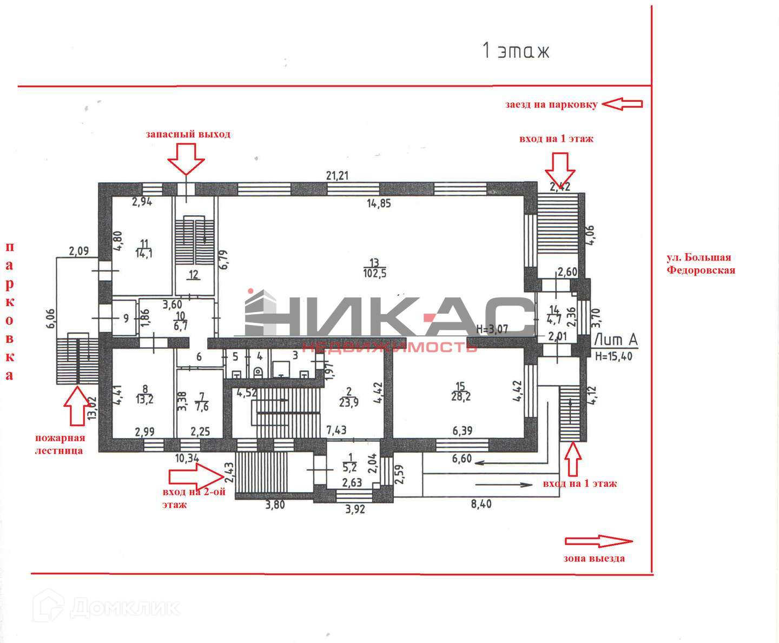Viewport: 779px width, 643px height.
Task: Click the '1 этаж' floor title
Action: pos(516,51)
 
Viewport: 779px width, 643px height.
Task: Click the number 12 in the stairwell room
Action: pos(193,275)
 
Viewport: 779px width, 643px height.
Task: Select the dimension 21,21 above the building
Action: pos(337,175)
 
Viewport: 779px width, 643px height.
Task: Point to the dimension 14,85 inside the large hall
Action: pos(378,203)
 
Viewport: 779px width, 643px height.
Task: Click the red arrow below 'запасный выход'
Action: pos(186,159)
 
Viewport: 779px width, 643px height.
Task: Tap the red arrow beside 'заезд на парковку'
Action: pos(622,104)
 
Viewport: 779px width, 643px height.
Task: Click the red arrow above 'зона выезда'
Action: pos(598,541)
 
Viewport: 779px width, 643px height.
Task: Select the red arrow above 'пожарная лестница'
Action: pos(77,406)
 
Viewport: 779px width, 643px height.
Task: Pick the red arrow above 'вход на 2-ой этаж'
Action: pos(195,476)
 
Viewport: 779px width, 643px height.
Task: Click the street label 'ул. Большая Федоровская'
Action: pos(701,264)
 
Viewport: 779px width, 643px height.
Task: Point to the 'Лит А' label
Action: pos(616,340)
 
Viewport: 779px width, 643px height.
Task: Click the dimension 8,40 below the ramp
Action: pos(481,504)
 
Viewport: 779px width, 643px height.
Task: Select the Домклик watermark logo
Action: pos(106,607)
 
